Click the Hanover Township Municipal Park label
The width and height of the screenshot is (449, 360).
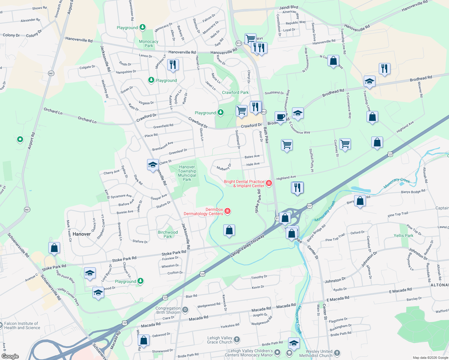187,173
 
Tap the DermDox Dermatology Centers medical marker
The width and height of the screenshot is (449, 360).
228,211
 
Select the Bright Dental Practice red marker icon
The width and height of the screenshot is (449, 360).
269,183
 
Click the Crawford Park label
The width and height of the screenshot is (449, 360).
235,92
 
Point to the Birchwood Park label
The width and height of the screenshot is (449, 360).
168,234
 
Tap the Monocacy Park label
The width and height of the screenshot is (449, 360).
149,43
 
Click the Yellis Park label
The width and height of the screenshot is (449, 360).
403,235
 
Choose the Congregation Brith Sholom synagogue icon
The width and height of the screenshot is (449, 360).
185,310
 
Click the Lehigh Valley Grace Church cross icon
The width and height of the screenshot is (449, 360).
237,339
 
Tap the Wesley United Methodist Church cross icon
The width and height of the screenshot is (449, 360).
337,353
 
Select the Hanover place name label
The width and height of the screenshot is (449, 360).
82,234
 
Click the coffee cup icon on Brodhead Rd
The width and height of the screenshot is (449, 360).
280,117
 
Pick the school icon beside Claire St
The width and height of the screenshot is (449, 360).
153,165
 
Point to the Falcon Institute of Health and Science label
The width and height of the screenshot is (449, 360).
22,325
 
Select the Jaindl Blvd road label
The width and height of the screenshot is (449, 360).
289,7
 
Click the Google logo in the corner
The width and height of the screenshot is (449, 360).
10,356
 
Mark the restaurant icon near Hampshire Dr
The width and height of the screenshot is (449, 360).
173,64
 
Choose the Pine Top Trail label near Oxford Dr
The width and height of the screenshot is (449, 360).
335,238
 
